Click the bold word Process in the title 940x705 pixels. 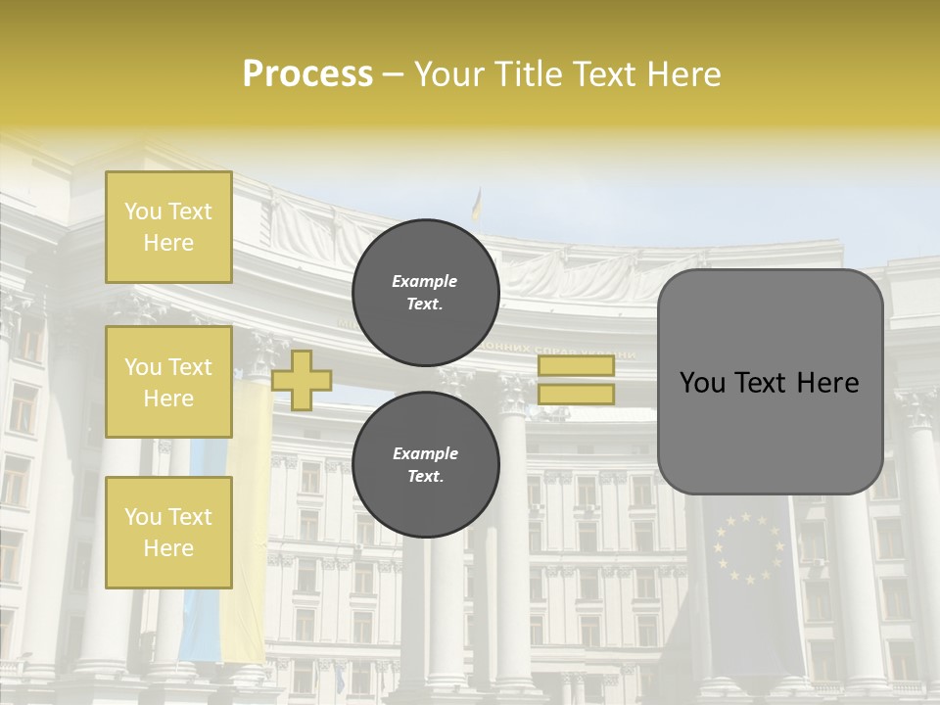pyautogui.click(x=307, y=74)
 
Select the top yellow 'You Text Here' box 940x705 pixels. pyautogui.click(x=168, y=227)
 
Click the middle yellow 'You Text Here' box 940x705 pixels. pyautogui.click(x=168, y=382)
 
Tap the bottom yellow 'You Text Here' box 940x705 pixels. pyautogui.click(x=168, y=532)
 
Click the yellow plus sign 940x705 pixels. pyautogui.click(x=302, y=380)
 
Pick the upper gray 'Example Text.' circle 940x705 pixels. pyautogui.click(x=426, y=292)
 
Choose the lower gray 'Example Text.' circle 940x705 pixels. pyautogui.click(x=426, y=464)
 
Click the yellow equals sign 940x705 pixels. pyautogui.click(x=576, y=380)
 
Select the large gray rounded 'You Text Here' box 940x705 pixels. pyautogui.click(x=770, y=382)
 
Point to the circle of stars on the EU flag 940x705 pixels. pyautogui.click(x=749, y=548)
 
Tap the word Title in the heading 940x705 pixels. pyautogui.click(x=534, y=74)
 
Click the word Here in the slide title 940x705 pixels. pyautogui.click(x=682, y=74)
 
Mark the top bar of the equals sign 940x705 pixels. pyautogui.click(x=576, y=365)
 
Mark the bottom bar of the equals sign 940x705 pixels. pyautogui.click(x=576, y=395)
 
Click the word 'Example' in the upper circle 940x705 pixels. pyautogui.click(x=425, y=281)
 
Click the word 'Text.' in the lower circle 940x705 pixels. pyautogui.click(x=425, y=476)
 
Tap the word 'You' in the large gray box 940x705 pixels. pyautogui.click(x=702, y=383)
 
